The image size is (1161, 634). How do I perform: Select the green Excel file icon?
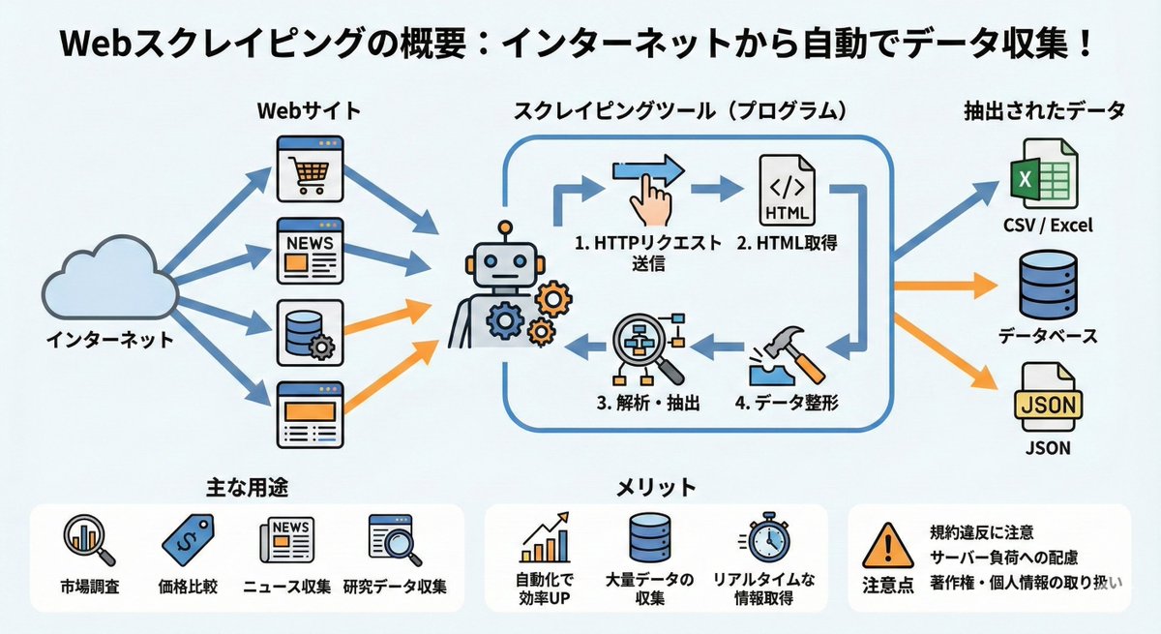[x=1047, y=177]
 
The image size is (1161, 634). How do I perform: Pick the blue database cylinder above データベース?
[x=1048, y=287]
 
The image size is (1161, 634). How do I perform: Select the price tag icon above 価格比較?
[x=192, y=539]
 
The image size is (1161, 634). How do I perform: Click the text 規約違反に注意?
[x=982, y=531]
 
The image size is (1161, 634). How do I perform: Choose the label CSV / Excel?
[x=1048, y=226]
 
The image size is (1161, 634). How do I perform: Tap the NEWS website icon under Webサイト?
[x=309, y=251]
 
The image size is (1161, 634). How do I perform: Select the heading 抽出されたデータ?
[x=1044, y=111]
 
